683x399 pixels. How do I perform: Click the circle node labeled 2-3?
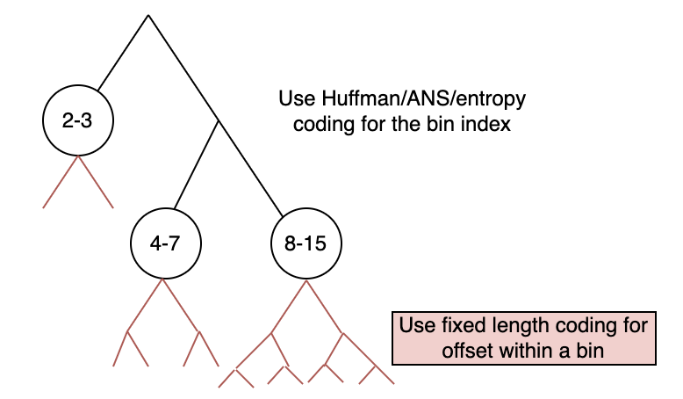(77, 120)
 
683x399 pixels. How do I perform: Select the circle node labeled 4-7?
(164, 243)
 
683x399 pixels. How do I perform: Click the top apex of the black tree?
(148, 15)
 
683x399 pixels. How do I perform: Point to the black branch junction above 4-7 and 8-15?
(218, 120)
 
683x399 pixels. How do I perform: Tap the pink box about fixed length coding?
(522, 337)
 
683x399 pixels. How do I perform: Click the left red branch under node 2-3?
(60, 182)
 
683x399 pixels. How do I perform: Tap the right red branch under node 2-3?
(97, 182)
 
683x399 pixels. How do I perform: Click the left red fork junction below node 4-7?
(128, 331)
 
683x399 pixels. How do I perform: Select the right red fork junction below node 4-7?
(199, 331)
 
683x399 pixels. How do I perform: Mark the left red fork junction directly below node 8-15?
(271, 332)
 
